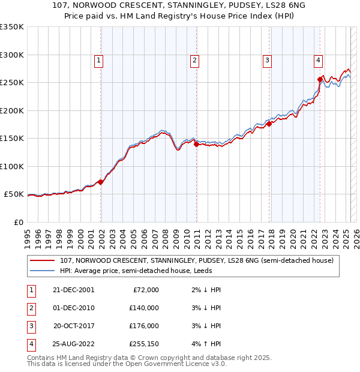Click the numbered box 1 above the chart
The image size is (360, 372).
click(x=98, y=59)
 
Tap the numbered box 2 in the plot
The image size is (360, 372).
click(x=195, y=59)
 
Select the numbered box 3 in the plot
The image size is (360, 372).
click(x=266, y=59)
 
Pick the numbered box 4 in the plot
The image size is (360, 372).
click(x=317, y=59)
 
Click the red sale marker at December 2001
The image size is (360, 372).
click(x=101, y=182)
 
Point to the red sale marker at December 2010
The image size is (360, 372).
click(x=196, y=144)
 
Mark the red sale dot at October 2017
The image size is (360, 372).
click(x=269, y=124)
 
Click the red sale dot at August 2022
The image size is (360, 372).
click(x=320, y=79)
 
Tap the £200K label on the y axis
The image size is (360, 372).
click(x=12, y=110)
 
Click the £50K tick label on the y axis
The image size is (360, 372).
click(x=14, y=194)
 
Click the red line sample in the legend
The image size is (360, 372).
click(x=41, y=260)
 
